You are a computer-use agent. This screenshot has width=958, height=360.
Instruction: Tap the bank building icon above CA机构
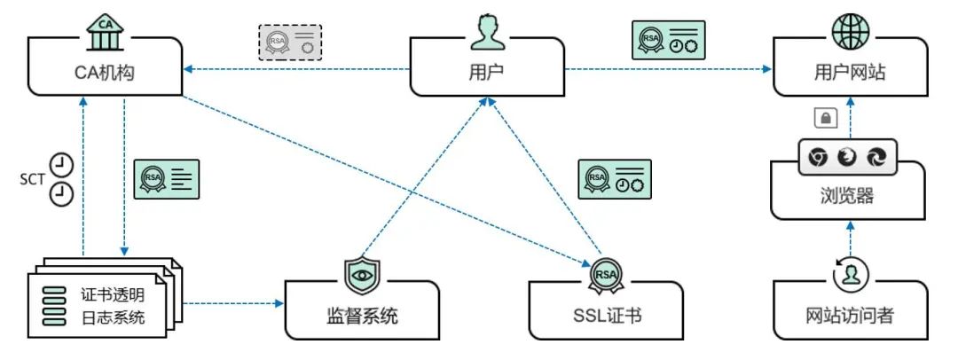click(104, 28)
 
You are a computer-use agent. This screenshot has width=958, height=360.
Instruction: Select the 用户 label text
click(485, 72)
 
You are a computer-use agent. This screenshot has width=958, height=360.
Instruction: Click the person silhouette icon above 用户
click(485, 31)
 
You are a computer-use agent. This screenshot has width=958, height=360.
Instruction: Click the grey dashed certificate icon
click(290, 42)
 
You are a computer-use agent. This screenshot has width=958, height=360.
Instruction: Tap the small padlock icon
click(823, 117)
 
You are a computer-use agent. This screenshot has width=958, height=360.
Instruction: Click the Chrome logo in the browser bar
click(818, 157)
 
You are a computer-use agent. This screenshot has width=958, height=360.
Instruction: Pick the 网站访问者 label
click(849, 316)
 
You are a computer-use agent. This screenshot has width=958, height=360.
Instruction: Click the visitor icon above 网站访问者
click(849, 273)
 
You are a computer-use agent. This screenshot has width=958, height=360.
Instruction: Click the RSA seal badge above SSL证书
click(608, 274)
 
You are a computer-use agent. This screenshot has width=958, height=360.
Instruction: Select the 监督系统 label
click(361, 316)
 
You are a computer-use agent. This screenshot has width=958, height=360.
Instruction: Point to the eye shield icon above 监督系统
click(361, 275)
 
